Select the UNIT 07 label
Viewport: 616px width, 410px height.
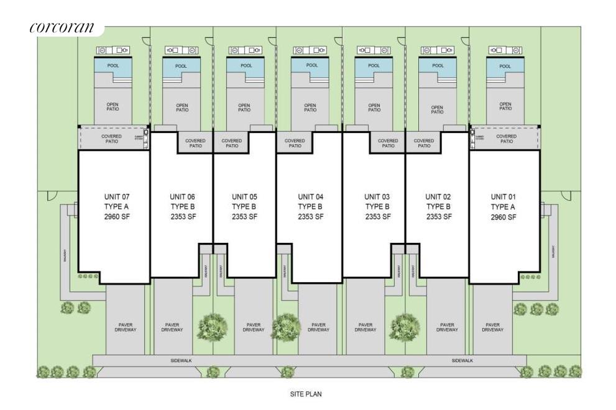[117, 197]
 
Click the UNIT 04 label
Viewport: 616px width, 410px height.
[310, 197]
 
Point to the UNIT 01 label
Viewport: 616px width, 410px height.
[503, 197]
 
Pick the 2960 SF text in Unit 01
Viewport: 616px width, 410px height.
[503, 217]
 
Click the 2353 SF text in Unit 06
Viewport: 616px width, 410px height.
[182, 217]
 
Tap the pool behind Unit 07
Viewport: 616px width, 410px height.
[113, 66]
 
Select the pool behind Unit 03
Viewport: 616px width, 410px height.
[373, 66]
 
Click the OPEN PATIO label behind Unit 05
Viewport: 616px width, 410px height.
[244, 107]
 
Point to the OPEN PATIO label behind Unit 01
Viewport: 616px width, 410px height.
[505, 107]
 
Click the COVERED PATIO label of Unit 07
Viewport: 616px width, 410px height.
[112, 139]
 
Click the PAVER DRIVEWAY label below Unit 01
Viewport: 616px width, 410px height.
[492, 327]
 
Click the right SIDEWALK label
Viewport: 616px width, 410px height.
[462, 360]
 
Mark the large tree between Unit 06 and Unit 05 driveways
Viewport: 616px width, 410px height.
[213, 326]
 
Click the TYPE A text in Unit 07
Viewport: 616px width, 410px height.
[117, 207]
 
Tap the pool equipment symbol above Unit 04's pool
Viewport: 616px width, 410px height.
[309, 50]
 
